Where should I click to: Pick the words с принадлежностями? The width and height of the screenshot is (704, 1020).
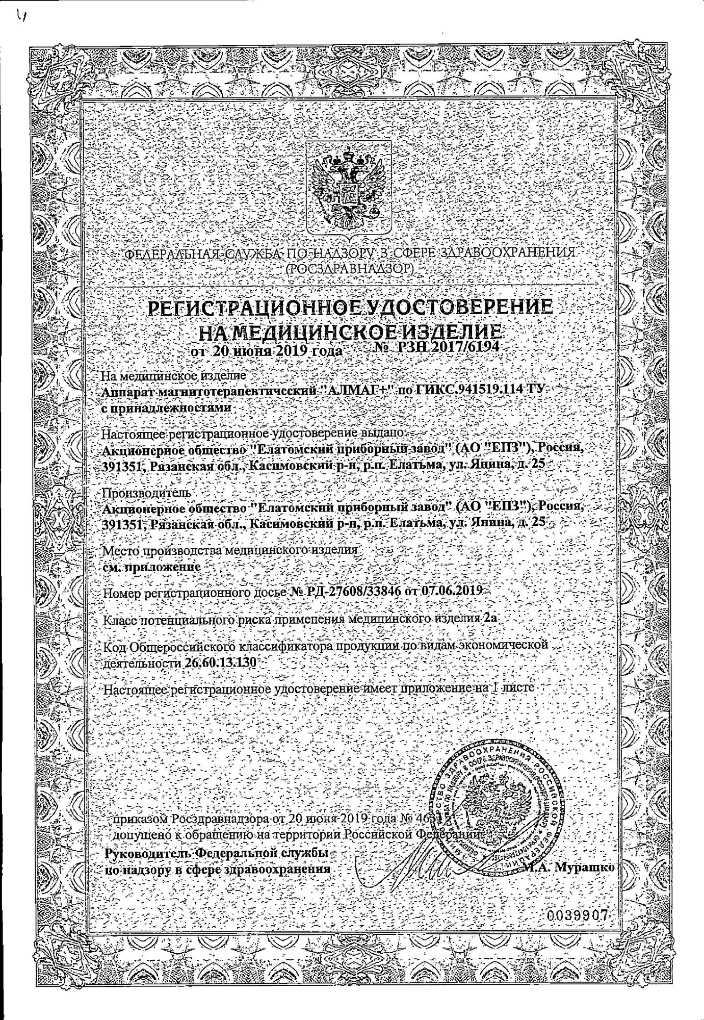click(167, 409)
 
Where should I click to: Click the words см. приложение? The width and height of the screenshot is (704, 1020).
click(151, 566)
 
